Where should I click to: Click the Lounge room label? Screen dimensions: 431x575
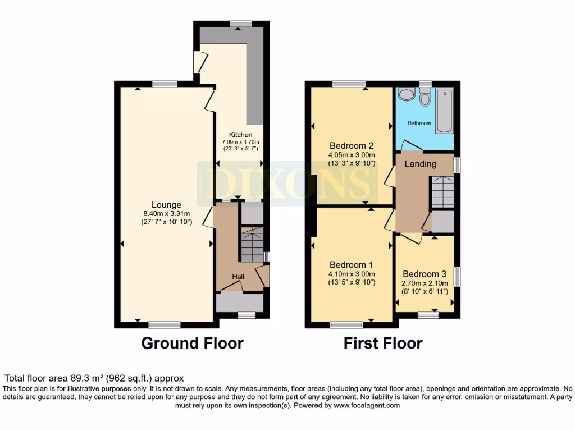(x=166, y=205)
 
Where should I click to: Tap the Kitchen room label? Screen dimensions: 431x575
(x=240, y=135)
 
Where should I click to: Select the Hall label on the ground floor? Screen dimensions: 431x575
(x=239, y=277)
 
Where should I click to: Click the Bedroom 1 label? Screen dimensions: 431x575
(x=352, y=265)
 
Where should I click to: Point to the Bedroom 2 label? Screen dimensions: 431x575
(x=352, y=146)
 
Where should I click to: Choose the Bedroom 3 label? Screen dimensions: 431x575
(x=425, y=274)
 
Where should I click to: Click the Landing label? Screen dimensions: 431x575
(x=421, y=164)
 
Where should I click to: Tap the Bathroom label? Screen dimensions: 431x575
(x=419, y=123)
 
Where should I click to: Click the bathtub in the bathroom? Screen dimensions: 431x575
(x=444, y=110)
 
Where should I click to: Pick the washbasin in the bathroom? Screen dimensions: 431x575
(x=406, y=94)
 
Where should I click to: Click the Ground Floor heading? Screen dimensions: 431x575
(x=192, y=343)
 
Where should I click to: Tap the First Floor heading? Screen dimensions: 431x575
(x=383, y=343)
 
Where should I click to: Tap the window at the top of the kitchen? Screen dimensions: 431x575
(x=241, y=24)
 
